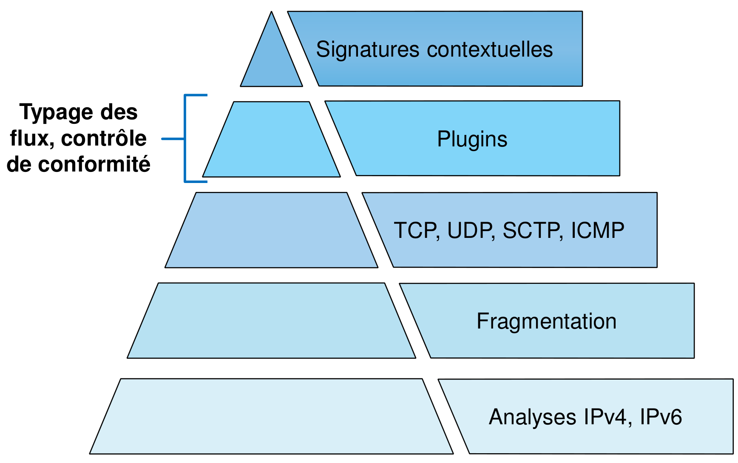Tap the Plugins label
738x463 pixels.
coord(472,139)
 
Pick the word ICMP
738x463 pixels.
coord(597,231)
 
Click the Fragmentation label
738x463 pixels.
coord(546,321)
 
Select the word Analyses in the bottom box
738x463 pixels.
coord(532,417)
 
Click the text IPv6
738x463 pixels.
coord(661,417)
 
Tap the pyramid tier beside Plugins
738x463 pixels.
coord(272,140)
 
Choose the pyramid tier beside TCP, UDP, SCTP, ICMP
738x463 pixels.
coord(272,230)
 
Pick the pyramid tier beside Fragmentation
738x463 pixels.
coord(272,321)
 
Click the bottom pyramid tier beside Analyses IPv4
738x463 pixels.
coord(272,417)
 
